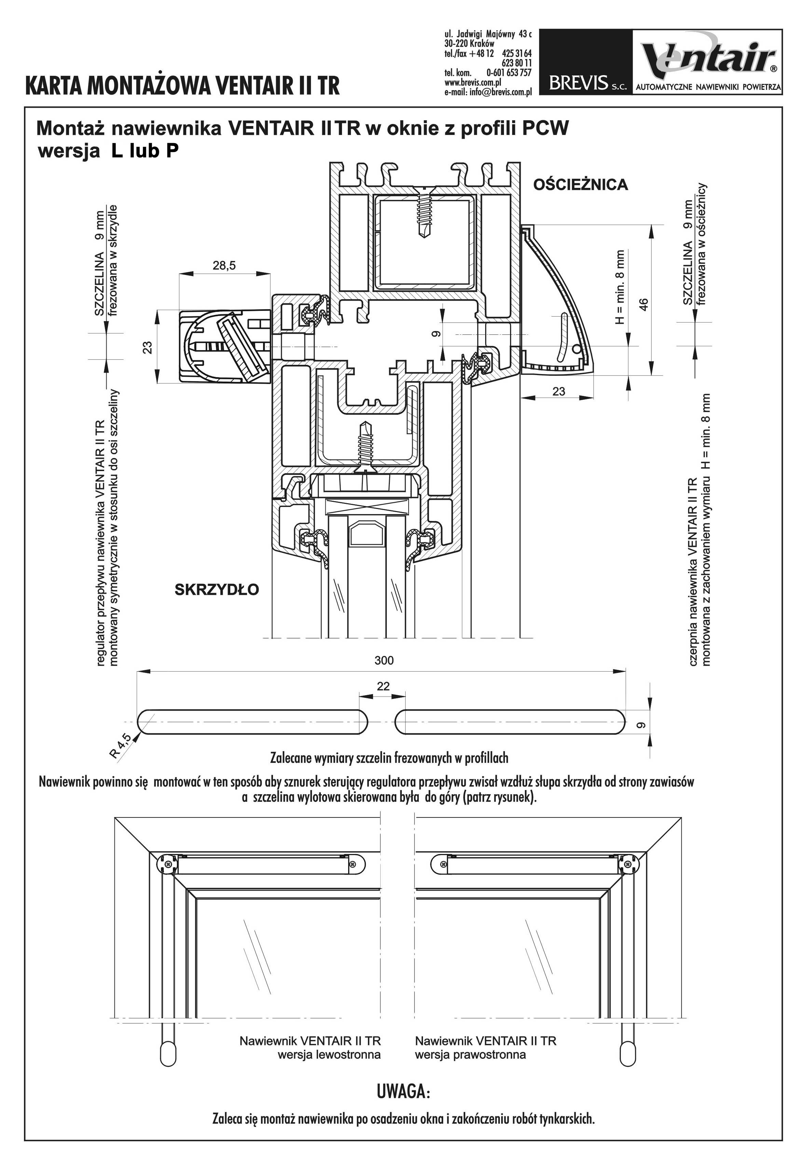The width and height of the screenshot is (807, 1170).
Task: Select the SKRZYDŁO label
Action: coord(217,590)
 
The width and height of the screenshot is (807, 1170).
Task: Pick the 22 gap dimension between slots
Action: coord(383,686)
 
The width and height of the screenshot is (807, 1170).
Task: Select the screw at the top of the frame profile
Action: coord(423,212)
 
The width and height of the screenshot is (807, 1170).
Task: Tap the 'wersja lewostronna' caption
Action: coord(329,1055)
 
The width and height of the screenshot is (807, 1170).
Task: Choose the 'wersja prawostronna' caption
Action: coord(470,1055)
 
